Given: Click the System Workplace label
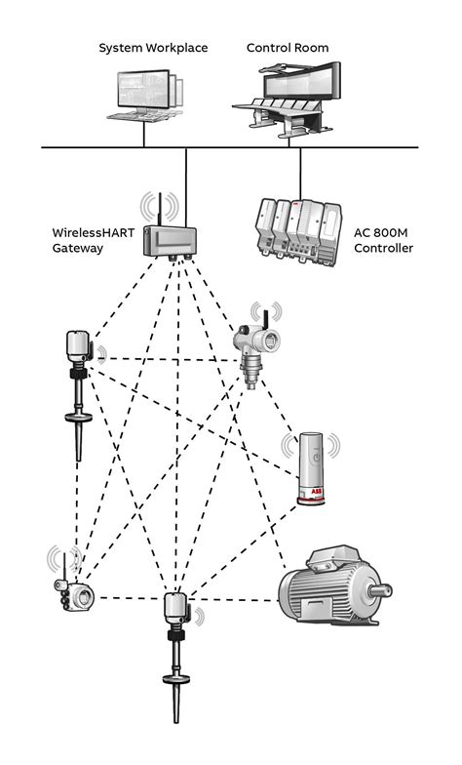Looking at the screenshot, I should click(153, 48).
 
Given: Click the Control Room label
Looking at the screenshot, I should click(288, 48).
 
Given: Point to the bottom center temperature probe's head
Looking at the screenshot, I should click(176, 608).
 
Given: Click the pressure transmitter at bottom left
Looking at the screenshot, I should click(73, 593).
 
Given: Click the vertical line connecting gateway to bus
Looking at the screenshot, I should click(185, 185).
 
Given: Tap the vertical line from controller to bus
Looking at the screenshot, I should click(299, 171).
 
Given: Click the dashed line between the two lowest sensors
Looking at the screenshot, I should click(127, 598).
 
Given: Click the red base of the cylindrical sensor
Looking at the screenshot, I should click(312, 501).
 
